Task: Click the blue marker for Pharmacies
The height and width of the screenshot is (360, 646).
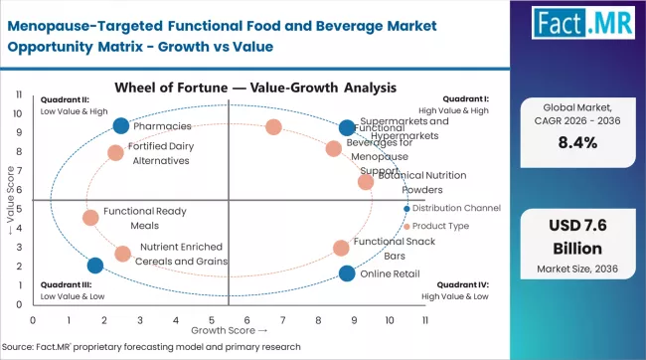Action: (x=121, y=126)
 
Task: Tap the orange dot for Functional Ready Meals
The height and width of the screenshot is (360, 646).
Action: (x=90, y=218)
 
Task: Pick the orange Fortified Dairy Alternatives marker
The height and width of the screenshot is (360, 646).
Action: (x=115, y=153)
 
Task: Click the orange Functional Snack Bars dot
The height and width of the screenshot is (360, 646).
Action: (x=341, y=248)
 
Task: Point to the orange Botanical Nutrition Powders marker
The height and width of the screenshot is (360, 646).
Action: (x=366, y=182)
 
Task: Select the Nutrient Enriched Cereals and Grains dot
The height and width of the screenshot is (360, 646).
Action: (x=122, y=254)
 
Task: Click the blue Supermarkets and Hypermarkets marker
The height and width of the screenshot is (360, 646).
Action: (x=346, y=127)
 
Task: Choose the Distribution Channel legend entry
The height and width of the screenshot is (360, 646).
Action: (x=455, y=208)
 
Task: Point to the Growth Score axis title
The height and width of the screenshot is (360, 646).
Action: (x=229, y=329)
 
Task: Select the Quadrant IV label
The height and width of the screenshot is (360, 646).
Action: (x=463, y=283)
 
